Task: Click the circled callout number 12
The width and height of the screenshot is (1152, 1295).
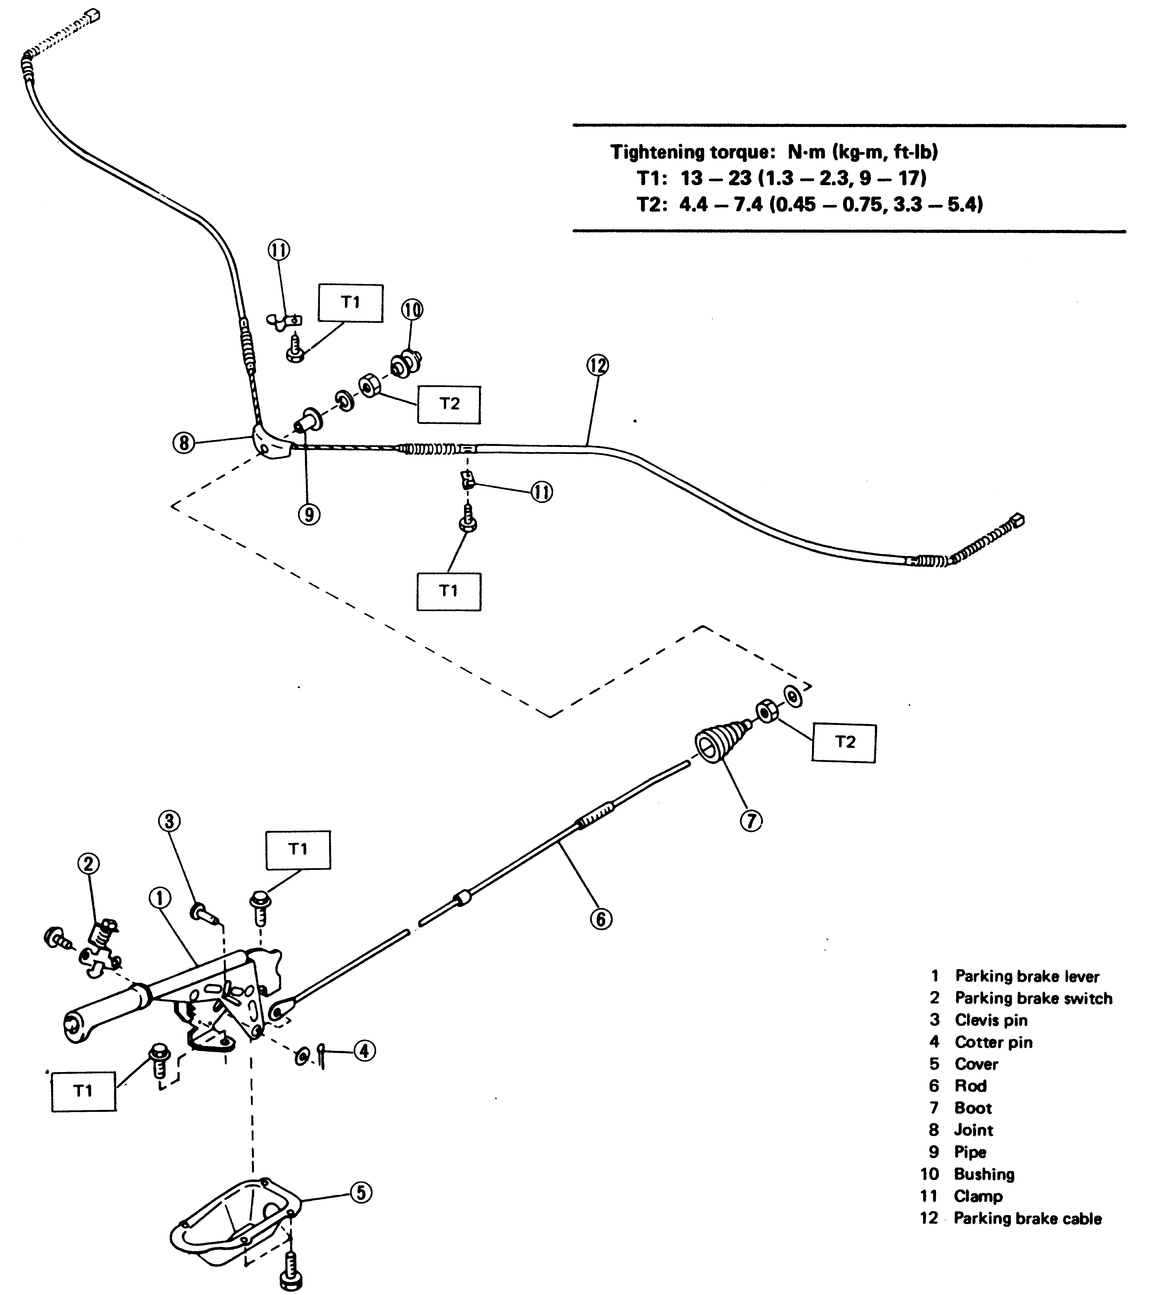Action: [597, 366]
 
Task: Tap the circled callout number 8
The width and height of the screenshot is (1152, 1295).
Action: [184, 442]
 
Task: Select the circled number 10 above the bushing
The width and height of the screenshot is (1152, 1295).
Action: [412, 310]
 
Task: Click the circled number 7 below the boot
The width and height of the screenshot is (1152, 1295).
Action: [751, 820]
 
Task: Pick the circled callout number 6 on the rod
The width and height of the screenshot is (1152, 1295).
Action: [600, 919]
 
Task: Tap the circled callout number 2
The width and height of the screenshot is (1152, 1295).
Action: [88, 864]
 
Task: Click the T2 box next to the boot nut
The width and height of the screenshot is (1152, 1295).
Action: [844, 742]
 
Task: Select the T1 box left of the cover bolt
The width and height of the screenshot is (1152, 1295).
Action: [84, 1092]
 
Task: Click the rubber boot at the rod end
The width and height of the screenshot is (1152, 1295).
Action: [721, 740]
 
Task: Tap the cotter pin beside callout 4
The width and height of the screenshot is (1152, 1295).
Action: [321, 1056]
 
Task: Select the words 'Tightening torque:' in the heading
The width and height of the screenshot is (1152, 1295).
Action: [693, 152]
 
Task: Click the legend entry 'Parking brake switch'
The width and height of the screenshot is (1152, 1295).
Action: [1034, 998]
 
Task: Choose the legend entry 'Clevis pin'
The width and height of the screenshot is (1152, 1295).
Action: [992, 1020]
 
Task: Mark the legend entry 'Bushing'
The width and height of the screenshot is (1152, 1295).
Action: [985, 1174]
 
